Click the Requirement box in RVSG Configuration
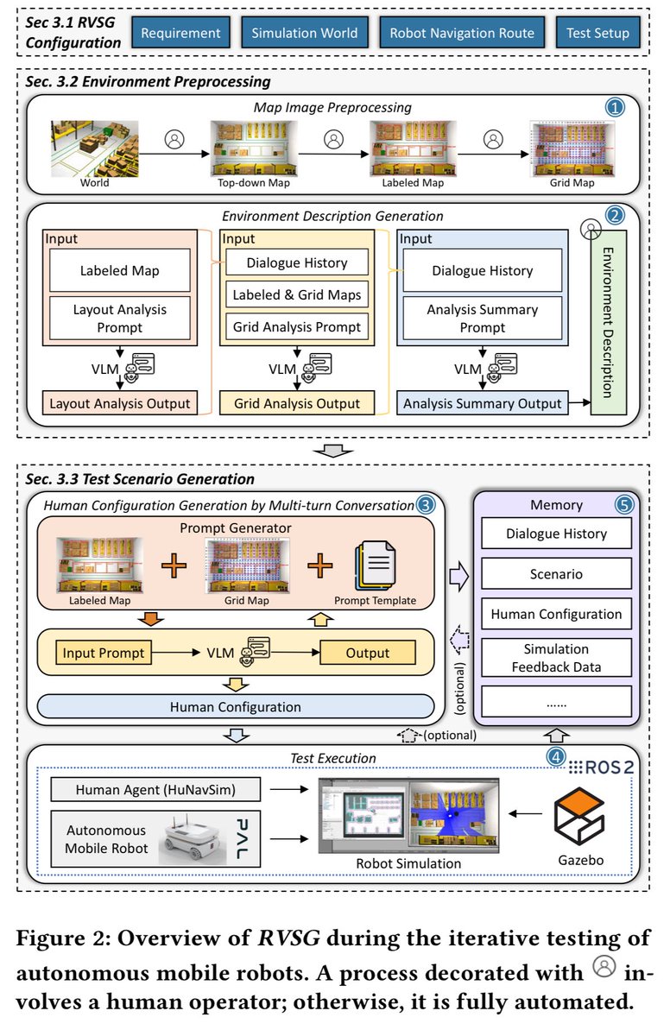181,34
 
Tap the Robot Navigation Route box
462,34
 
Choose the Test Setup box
597,34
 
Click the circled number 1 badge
614,109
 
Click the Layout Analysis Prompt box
119,319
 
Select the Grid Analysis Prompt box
296,327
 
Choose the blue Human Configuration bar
235,707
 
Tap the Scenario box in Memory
555,573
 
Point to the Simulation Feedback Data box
555,658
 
